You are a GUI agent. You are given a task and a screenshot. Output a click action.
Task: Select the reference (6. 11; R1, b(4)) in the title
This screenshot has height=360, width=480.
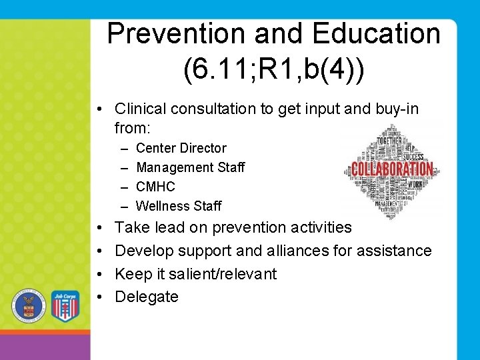pos(274,71)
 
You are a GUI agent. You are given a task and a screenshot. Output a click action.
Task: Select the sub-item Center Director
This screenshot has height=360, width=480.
pos(181,148)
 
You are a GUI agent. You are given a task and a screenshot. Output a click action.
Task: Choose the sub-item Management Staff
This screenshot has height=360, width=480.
pos(190,167)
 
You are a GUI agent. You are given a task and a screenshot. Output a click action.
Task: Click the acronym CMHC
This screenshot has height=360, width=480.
pos(155,187)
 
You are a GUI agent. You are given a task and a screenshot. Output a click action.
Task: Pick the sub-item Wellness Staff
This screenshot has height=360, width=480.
pos(178,206)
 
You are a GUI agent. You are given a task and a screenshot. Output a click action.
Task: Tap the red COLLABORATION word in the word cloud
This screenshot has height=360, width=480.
pos(393,169)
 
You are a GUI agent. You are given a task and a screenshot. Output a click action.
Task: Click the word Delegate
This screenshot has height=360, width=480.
pos(147,297)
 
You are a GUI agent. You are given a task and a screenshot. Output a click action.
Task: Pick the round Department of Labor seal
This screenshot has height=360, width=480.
pos(29,305)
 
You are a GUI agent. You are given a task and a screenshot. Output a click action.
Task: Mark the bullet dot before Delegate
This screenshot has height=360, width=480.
pos(99,297)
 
